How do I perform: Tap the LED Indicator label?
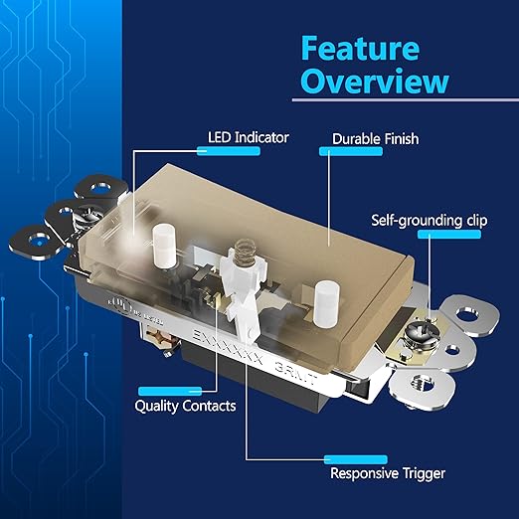click(x=248, y=137)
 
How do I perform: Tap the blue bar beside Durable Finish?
click(x=337, y=152)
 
